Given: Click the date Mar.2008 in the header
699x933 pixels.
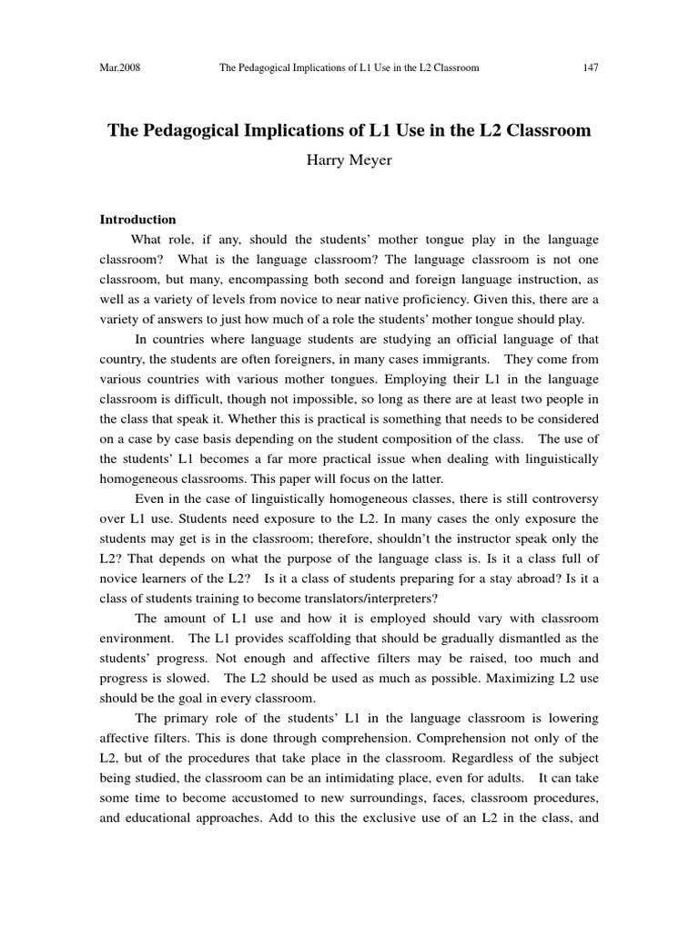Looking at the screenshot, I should (119, 67).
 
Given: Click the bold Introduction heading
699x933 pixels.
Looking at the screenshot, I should (137, 220).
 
